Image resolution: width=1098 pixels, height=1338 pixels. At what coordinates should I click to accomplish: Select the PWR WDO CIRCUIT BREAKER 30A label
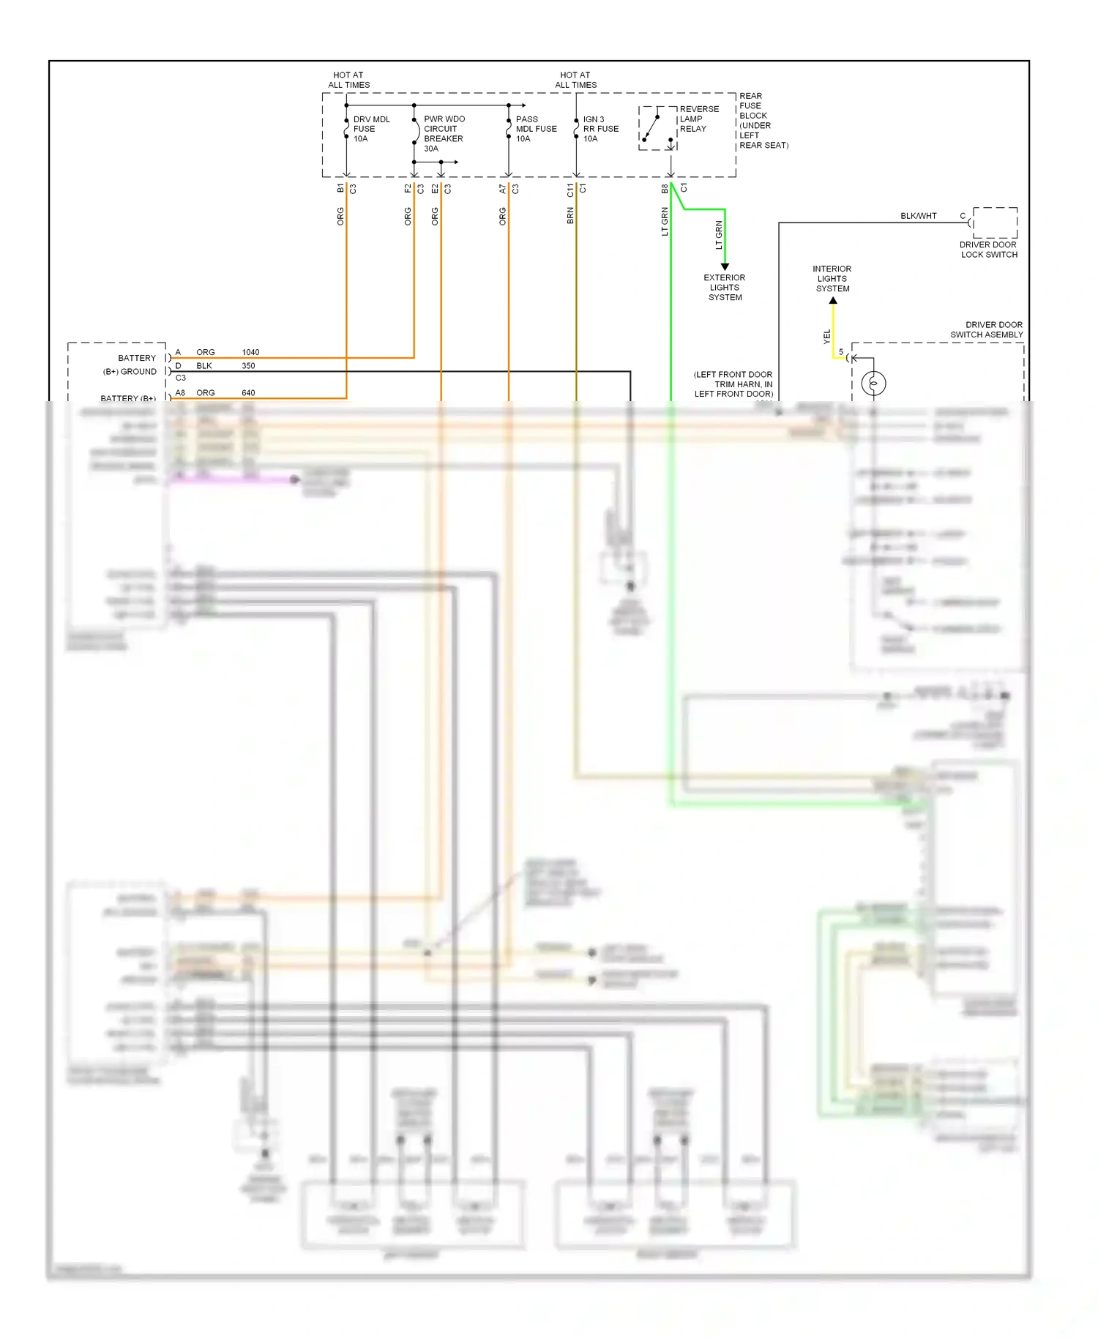[444, 133]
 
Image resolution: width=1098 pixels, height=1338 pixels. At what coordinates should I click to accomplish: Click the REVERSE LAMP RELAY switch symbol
[651, 128]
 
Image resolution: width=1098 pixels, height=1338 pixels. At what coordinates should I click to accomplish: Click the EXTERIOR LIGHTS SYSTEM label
[724, 288]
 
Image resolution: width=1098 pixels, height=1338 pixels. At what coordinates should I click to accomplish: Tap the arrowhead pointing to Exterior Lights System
[725, 266]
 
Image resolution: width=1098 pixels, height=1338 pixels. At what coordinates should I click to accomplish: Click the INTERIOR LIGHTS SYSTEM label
[832, 279]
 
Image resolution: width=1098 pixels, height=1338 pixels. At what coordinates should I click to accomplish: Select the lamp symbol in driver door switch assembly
[873, 383]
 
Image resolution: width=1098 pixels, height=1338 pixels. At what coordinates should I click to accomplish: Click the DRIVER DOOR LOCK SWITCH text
[989, 250]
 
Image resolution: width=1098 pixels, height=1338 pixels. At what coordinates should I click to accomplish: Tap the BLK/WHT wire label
[918, 216]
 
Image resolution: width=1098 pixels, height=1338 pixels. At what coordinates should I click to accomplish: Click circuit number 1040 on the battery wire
[250, 352]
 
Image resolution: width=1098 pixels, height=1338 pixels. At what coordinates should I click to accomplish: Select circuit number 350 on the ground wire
[248, 365]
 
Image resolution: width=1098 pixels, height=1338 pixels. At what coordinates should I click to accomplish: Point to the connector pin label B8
[665, 189]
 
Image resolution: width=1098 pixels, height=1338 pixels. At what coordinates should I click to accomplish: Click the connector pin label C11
[570, 190]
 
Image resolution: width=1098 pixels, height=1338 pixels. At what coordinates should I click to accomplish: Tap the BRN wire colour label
[570, 216]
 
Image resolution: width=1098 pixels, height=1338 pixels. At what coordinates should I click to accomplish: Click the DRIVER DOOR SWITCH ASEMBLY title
[986, 329]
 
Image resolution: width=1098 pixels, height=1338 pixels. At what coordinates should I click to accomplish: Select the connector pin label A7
[503, 189]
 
